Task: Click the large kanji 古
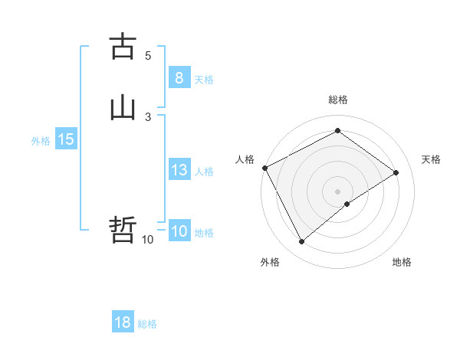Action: click(x=123, y=47)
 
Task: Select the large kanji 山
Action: click(x=123, y=108)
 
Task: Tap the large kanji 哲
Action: click(x=123, y=231)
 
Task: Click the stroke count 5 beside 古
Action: click(x=148, y=56)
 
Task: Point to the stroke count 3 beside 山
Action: click(x=148, y=116)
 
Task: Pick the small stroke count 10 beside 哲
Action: click(x=147, y=240)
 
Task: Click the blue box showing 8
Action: click(x=179, y=78)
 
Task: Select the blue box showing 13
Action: click(x=179, y=170)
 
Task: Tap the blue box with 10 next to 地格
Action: click(x=179, y=231)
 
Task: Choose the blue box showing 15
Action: click(x=66, y=139)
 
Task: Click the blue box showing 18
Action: click(x=123, y=322)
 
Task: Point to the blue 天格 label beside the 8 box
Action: click(x=204, y=80)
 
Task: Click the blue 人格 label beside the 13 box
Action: click(x=204, y=172)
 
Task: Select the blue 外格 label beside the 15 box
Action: click(x=41, y=141)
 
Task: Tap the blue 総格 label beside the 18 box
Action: click(x=147, y=324)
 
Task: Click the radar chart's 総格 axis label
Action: click(x=338, y=100)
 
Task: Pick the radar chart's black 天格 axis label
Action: click(x=431, y=159)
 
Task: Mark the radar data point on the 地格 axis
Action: click(x=347, y=204)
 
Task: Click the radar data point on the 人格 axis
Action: click(x=264, y=168)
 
